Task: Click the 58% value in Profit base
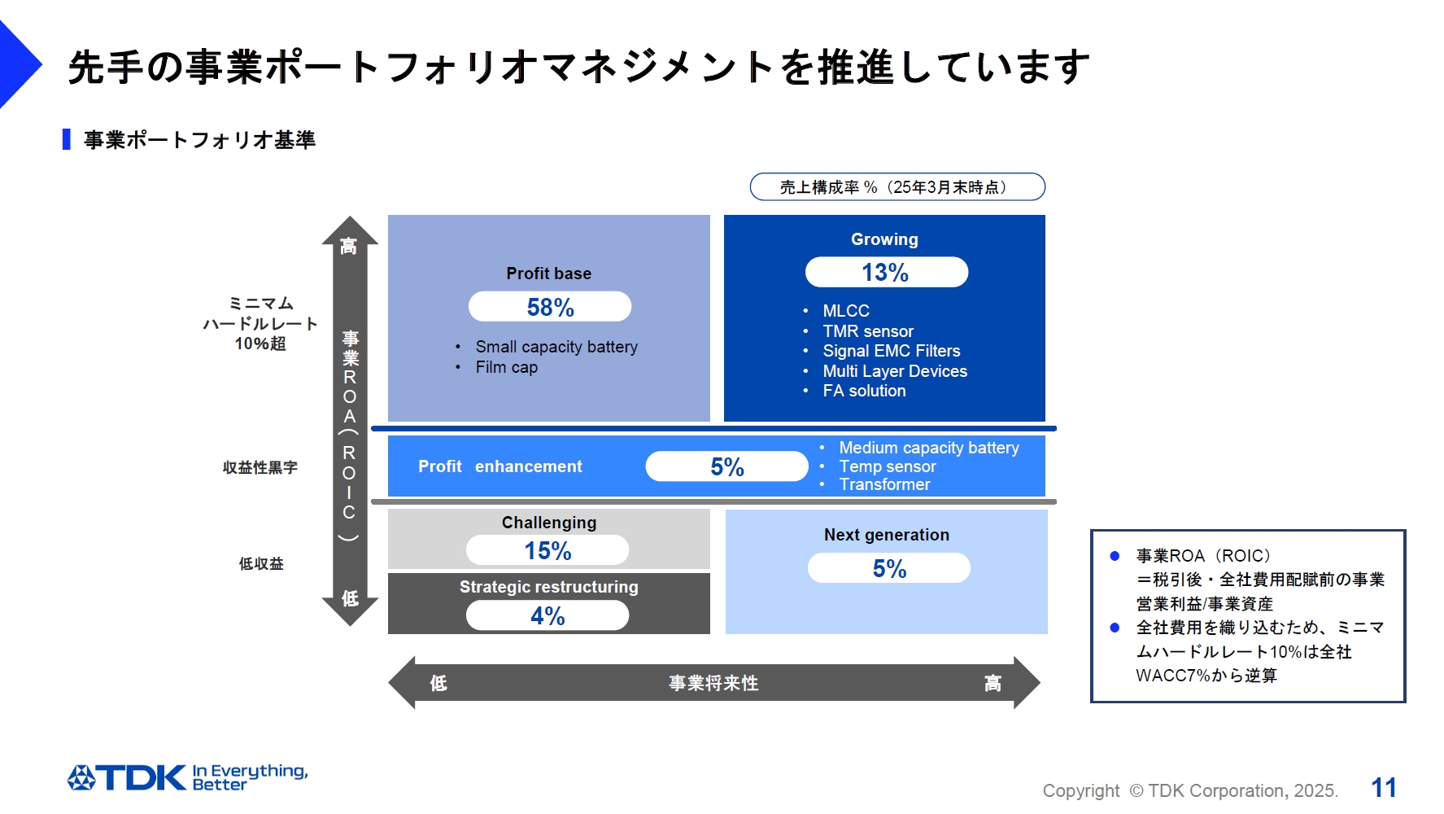[550, 307]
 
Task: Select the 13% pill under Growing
[886, 272]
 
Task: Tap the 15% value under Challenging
[547, 550]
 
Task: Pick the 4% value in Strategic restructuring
[547, 615]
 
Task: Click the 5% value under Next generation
[889, 568]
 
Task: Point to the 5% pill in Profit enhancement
[726, 466]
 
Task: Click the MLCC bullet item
[846, 311]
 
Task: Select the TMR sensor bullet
[868, 331]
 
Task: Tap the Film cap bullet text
[506, 367]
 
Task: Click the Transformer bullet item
[884, 484]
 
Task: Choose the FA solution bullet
[864, 391]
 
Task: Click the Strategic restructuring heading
[548, 587]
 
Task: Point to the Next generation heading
[886, 535]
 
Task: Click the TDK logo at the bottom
[128, 777]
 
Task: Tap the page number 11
[1383, 787]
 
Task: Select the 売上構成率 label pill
[897, 186]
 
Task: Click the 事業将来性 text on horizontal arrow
[713, 683]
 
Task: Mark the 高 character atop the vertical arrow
[349, 246]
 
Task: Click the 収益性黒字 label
[260, 467]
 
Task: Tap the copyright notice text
[1190, 790]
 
